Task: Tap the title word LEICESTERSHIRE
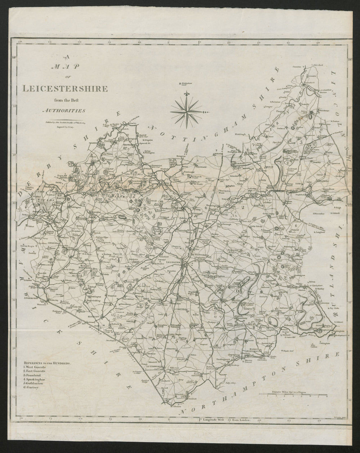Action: click(x=65, y=88)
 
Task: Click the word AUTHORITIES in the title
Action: click(x=65, y=111)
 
